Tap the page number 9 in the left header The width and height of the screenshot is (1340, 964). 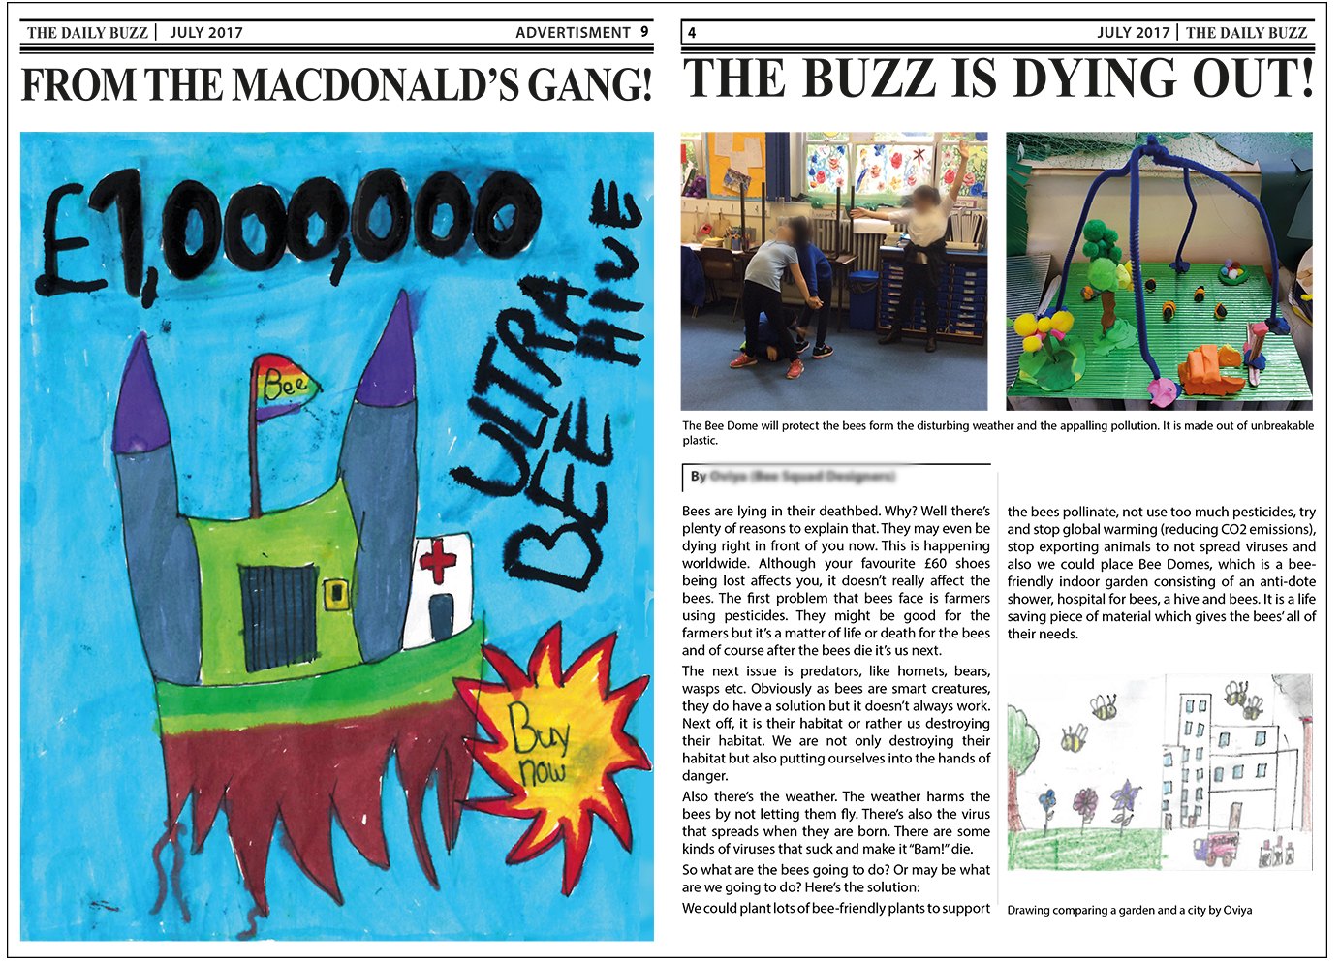tap(644, 32)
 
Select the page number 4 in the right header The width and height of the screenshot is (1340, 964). tap(692, 33)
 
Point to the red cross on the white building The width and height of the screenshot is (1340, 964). tap(438, 561)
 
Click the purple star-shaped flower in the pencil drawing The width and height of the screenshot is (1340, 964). tap(1125, 797)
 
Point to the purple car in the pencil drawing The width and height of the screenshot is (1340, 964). tap(1216, 849)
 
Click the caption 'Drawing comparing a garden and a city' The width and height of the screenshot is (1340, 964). tap(1129, 910)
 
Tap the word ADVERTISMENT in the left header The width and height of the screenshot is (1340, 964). tap(573, 32)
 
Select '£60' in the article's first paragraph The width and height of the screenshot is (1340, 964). tap(935, 563)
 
